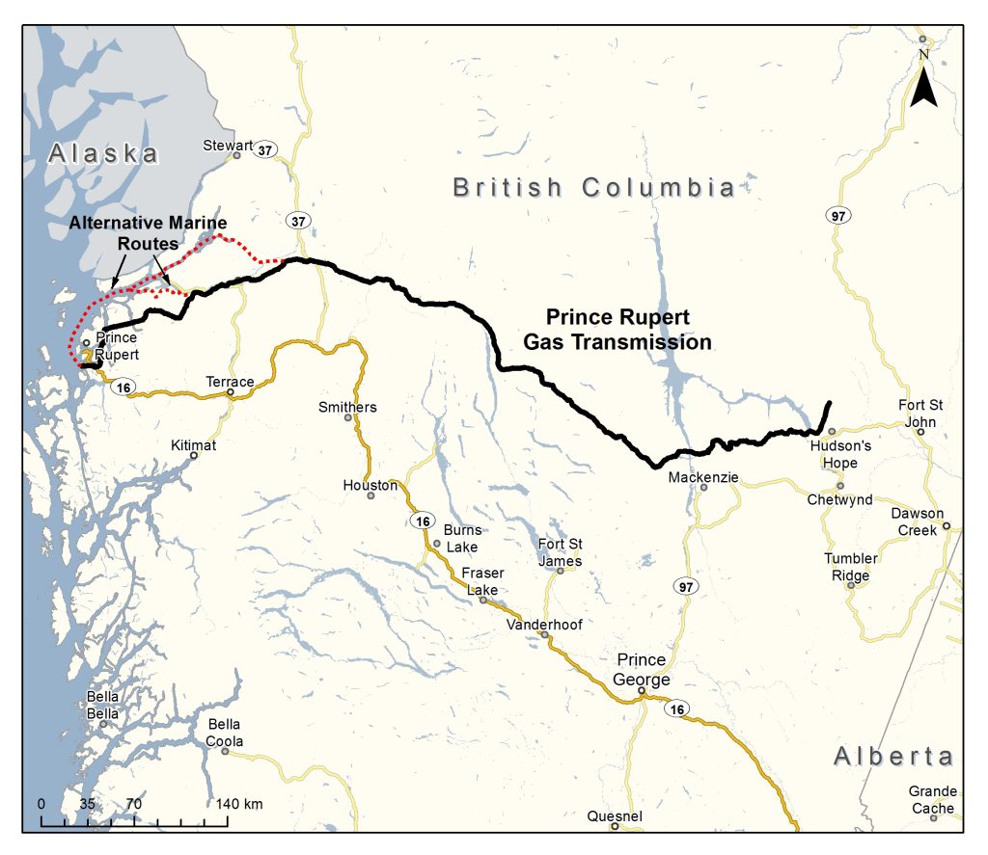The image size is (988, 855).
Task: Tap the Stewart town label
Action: (227, 147)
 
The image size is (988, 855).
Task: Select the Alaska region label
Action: (104, 153)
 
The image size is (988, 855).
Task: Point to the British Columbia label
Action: (594, 187)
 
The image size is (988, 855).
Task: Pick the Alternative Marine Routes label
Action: (148, 233)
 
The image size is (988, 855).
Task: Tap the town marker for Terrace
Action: (231, 393)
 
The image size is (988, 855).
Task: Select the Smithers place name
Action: (347, 408)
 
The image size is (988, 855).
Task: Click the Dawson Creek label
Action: (918, 521)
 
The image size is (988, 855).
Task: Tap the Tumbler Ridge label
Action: (850, 568)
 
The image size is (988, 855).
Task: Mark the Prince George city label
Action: (642, 670)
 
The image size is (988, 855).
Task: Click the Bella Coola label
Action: (224, 733)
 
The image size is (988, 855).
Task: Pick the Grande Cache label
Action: (932, 800)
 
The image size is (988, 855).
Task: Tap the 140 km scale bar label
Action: (239, 804)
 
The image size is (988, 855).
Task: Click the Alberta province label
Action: (893, 756)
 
